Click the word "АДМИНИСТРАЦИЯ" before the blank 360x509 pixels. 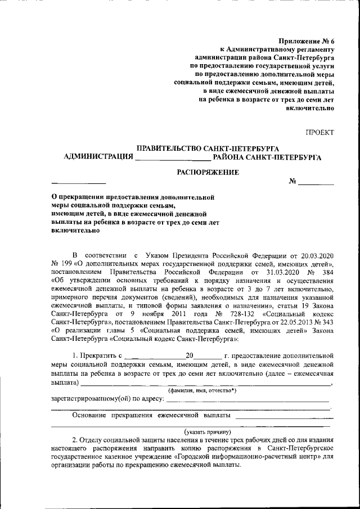(98, 157)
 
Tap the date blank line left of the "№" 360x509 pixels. (78, 183)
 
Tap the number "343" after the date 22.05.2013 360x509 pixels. (328, 322)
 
